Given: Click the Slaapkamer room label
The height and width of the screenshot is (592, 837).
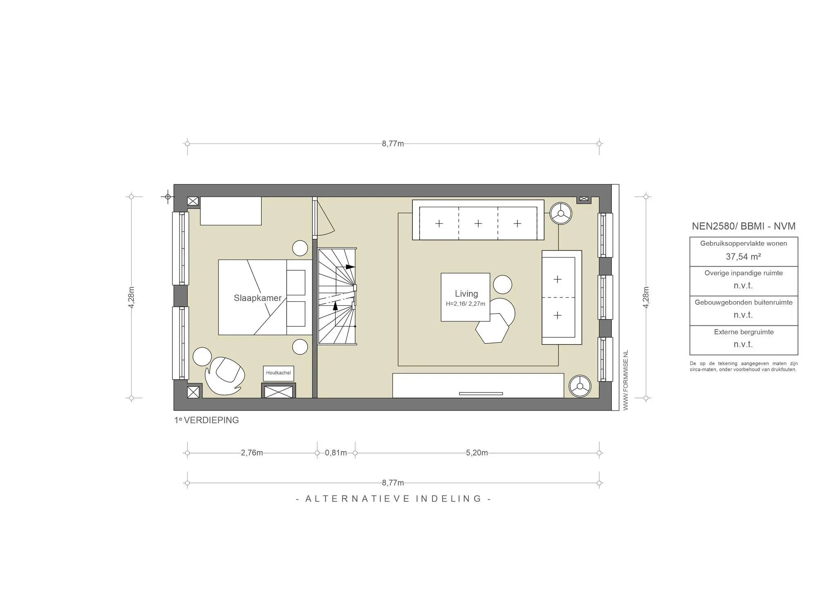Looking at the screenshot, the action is tap(257, 298).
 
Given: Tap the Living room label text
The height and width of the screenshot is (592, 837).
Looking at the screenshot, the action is tap(466, 294).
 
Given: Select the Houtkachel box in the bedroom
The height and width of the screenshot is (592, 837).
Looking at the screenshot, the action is tap(278, 373).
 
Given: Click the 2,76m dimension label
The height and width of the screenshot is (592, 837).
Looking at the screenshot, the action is tap(252, 453).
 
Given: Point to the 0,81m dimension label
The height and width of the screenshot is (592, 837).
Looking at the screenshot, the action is tap(336, 453).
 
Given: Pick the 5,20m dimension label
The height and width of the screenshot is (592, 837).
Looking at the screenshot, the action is tap(477, 453).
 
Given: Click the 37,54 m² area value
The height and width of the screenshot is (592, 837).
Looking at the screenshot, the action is tap(743, 257).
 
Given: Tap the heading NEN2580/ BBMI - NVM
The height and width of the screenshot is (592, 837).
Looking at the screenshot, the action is tap(743, 226).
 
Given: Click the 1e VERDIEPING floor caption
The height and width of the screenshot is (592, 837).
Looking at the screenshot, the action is tap(206, 420).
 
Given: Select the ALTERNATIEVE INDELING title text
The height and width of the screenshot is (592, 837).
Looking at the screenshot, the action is tap(393, 499).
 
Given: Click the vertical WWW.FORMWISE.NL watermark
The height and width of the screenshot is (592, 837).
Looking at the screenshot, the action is tap(626, 380).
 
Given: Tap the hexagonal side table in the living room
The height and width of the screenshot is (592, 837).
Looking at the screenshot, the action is tap(492, 328).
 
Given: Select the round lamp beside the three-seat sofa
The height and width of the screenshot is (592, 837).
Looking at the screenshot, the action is tap(561, 213).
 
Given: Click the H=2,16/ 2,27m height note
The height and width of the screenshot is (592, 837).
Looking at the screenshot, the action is tap(465, 304).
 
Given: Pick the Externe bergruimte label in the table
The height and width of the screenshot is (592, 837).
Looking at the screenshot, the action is tap(743, 332).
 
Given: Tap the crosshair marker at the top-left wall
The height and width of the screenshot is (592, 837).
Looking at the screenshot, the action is tap(168, 197).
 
